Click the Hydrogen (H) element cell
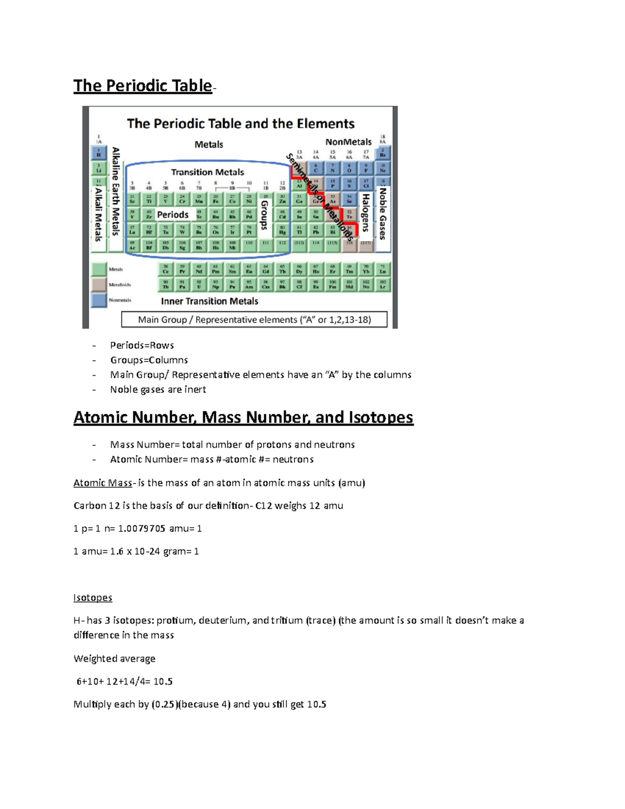[x=98, y=153]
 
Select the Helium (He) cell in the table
[x=383, y=153]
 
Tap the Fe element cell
[x=216, y=199]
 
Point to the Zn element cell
[x=282, y=199]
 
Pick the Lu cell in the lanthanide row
[x=383, y=269]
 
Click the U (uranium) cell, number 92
[x=199, y=284]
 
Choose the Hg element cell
[x=282, y=230]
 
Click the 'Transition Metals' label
[x=207, y=172]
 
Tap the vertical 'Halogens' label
[x=366, y=213]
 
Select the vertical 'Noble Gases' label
[x=383, y=214]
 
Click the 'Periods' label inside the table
[x=173, y=215]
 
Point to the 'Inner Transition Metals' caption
[x=209, y=301]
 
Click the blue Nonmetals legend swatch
[x=99, y=300]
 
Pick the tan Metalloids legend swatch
[x=99, y=284]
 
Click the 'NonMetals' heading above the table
[x=348, y=142]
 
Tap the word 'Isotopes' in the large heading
[x=381, y=417]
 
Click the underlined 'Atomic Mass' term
[x=103, y=483]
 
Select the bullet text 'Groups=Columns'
[x=149, y=360]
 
